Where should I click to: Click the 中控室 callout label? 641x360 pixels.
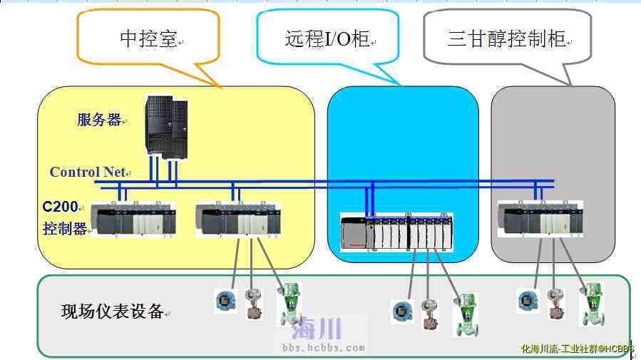click(148, 39)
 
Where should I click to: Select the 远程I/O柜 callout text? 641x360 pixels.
click(327, 38)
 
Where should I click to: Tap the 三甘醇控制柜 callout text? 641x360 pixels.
click(506, 39)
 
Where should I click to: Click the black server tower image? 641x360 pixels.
click(166, 126)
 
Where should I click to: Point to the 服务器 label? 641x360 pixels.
click(99, 120)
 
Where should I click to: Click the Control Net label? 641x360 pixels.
click(87, 172)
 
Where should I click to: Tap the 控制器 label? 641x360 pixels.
click(64, 229)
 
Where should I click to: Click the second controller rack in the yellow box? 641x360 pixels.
click(237, 220)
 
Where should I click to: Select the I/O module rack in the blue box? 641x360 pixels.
click(396, 232)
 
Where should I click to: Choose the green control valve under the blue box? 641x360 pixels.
click(468, 314)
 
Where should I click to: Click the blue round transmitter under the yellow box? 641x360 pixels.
click(225, 301)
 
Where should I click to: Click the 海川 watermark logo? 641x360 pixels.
click(317, 329)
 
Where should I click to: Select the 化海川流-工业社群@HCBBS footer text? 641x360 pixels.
click(578, 349)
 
